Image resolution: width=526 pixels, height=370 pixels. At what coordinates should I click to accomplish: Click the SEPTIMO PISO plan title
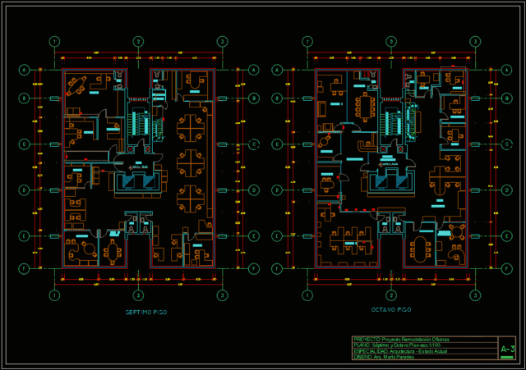[x=146, y=312]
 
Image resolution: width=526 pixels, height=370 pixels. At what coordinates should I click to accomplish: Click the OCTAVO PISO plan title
[x=390, y=310]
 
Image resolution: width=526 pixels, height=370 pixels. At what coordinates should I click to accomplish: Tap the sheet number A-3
[x=507, y=349]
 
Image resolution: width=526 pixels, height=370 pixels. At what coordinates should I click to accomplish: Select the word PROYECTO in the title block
[x=367, y=339]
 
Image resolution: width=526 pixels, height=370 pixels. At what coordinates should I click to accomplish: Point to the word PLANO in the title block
[x=362, y=345]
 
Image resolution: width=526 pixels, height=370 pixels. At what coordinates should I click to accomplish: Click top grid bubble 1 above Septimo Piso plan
[x=54, y=41]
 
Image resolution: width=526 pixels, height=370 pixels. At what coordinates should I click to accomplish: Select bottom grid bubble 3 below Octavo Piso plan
[x=474, y=295]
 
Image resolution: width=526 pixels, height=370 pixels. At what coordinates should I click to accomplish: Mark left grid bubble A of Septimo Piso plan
[x=25, y=70]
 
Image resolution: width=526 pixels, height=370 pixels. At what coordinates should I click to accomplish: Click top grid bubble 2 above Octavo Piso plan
[x=391, y=41]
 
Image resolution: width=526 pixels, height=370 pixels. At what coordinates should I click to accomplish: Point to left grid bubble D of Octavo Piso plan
[x=275, y=190]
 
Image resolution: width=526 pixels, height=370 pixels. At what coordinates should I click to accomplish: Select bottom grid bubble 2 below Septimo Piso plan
[x=138, y=295]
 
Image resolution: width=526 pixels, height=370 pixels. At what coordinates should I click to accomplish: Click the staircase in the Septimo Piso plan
[x=139, y=125]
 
